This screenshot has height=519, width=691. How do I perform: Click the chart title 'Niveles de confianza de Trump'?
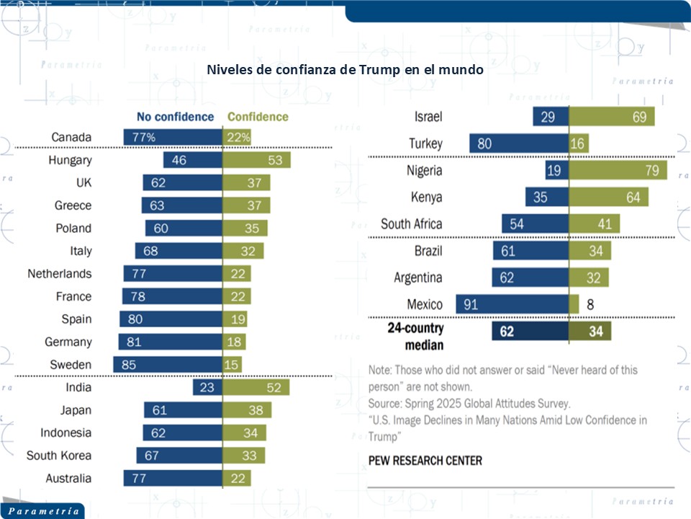click(x=345, y=71)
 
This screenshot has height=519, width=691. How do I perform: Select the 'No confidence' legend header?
click(x=176, y=117)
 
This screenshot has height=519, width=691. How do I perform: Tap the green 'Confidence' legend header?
click(x=258, y=117)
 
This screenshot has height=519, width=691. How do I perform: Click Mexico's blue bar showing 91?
click(x=512, y=304)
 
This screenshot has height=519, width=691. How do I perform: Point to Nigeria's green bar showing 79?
click(x=618, y=170)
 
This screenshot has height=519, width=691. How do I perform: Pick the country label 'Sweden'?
click(x=71, y=365)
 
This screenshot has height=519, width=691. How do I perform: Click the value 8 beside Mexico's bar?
click(x=590, y=304)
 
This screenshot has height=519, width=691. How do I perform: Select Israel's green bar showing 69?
click(x=612, y=117)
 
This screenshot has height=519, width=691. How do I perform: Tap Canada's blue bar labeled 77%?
click(x=173, y=137)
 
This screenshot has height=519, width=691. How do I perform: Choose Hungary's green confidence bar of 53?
click(x=256, y=160)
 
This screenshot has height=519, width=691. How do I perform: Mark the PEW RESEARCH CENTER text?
click(x=425, y=460)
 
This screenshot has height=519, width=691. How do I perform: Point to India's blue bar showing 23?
click(x=207, y=388)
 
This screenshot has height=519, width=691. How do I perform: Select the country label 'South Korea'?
click(x=59, y=456)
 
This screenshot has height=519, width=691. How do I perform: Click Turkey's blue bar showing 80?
click(x=518, y=143)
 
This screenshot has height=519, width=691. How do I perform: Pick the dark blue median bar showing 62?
click(x=530, y=331)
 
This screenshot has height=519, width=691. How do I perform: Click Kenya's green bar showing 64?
click(x=608, y=197)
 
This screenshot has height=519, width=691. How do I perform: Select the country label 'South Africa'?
click(x=411, y=224)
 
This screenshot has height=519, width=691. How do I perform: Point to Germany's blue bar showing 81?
click(x=171, y=342)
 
